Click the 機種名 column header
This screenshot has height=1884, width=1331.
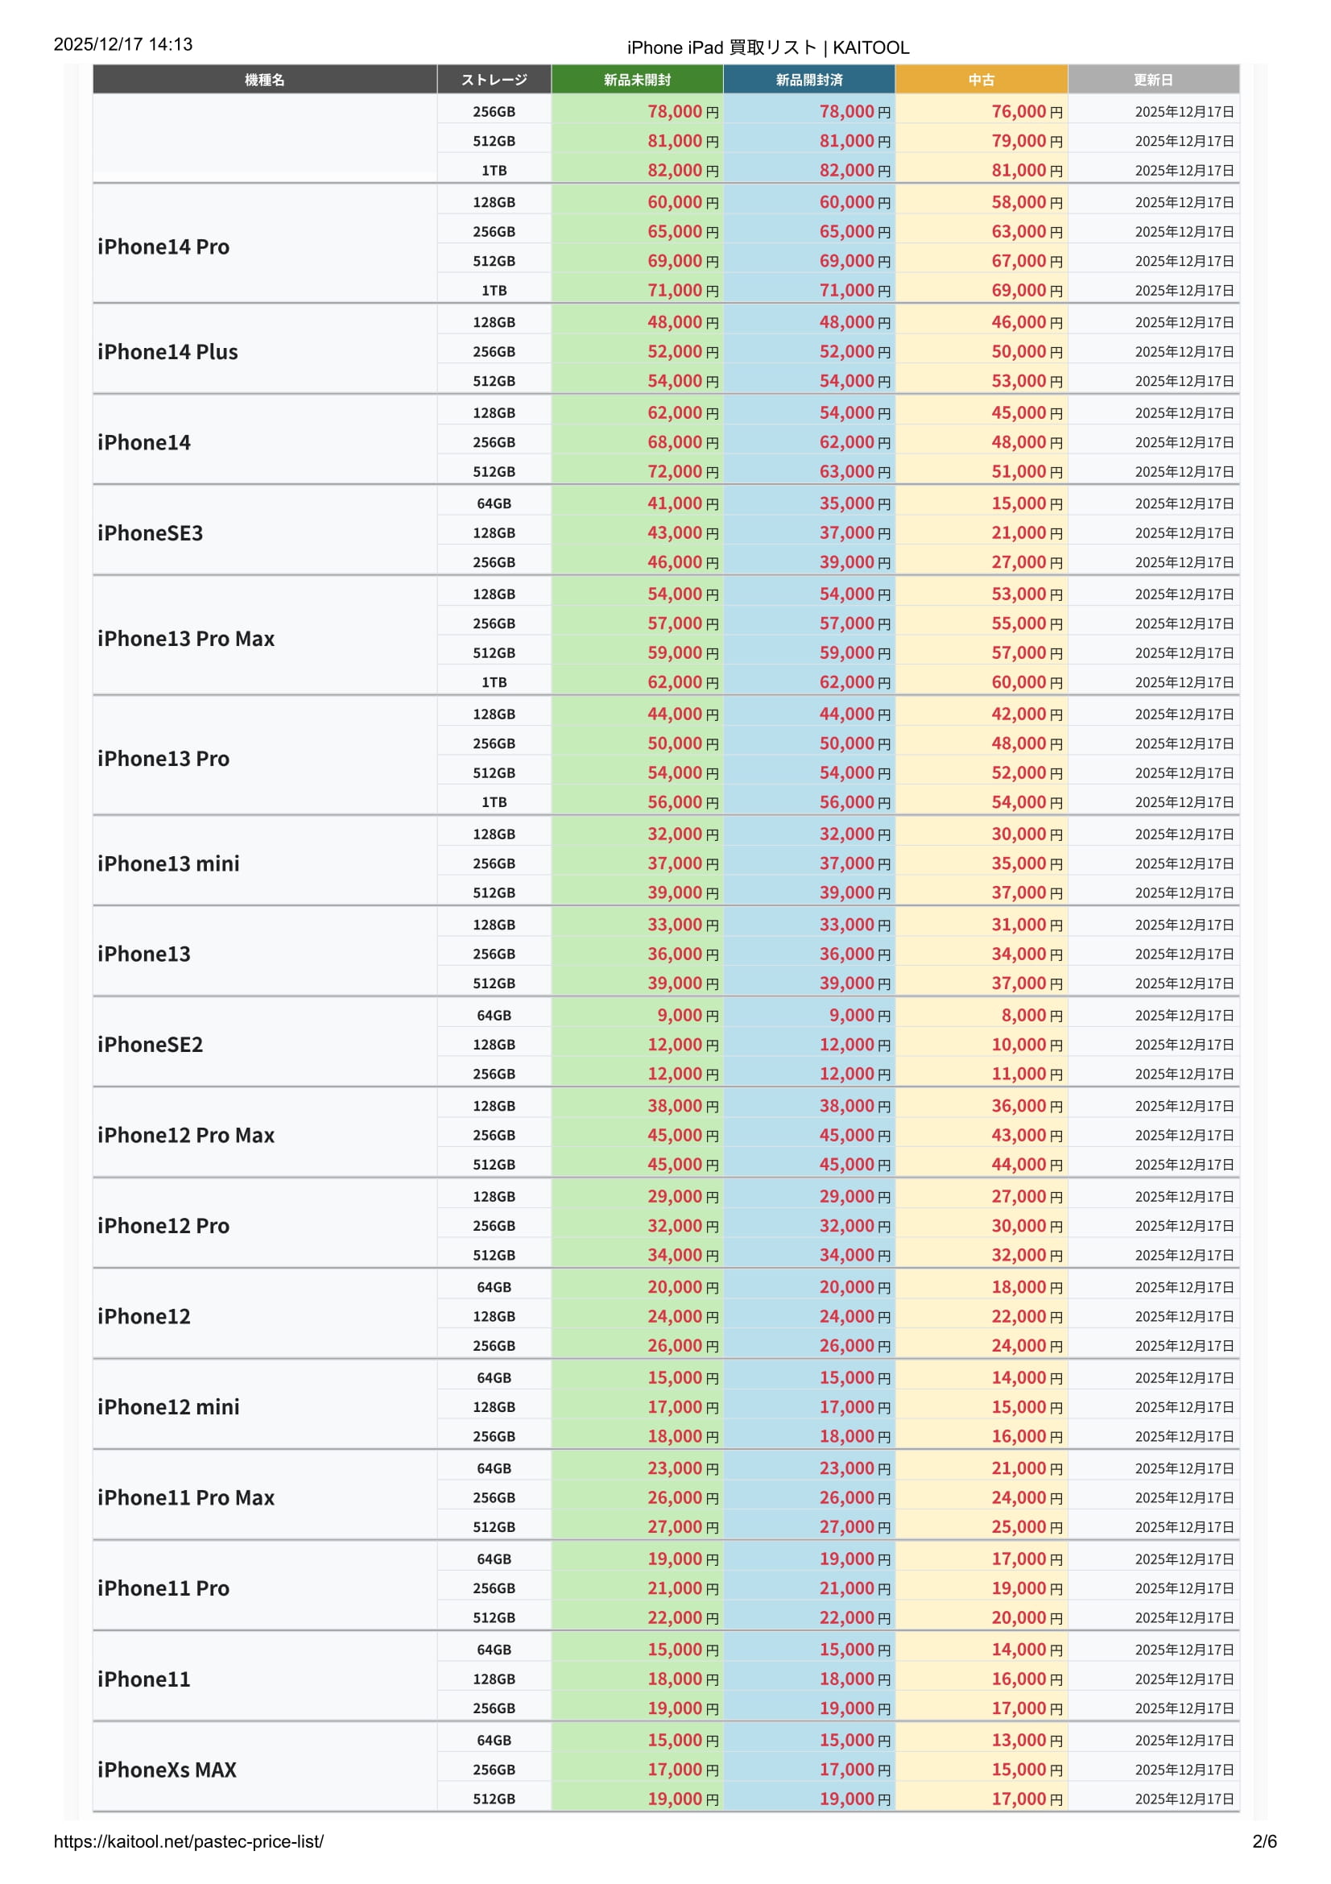[264, 80]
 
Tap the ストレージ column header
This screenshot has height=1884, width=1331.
[494, 80]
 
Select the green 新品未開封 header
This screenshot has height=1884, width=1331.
[637, 80]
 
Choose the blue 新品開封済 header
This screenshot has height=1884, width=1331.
[808, 80]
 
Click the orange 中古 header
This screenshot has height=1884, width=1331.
[981, 80]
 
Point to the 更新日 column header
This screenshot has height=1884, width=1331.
[1153, 80]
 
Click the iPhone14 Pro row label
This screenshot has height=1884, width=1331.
[163, 247]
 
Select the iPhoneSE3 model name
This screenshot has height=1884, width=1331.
[150, 533]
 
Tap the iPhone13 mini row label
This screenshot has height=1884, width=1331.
[168, 863]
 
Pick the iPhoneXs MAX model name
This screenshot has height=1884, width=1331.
[167, 1769]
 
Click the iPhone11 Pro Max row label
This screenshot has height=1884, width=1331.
[185, 1497]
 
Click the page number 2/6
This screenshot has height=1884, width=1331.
[1263, 1841]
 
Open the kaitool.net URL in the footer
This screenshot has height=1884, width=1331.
[188, 1841]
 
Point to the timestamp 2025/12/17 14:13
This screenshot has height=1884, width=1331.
[123, 44]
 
